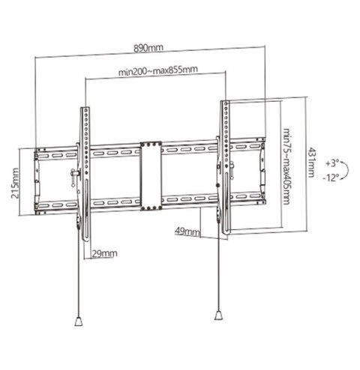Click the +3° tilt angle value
pyautogui.click(x=333, y=161)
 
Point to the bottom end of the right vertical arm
pyautogui.click(x=223, y=234)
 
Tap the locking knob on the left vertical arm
pyautogui.click(x=73, y=177)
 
